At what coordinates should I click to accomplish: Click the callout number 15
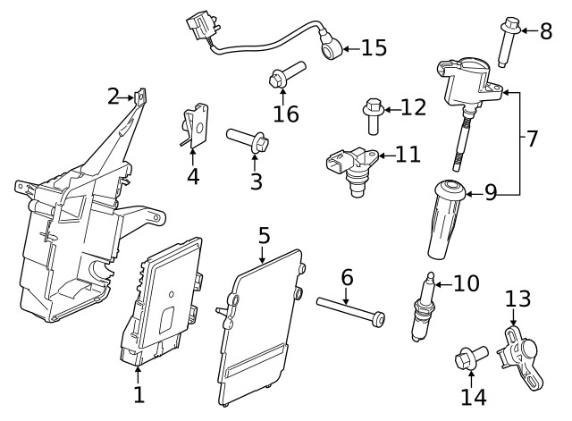tap(374, 47)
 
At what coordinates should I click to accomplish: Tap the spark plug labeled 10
tap(423, 309)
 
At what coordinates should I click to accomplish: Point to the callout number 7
tap(532, 139)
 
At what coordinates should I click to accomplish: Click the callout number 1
tap(139, 394)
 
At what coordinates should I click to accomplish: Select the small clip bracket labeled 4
tap(195, 126)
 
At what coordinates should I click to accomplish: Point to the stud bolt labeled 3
tap(248, 141)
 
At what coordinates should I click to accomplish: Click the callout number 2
tap(114, 95)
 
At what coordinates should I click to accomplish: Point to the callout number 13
tap(517, 299)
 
